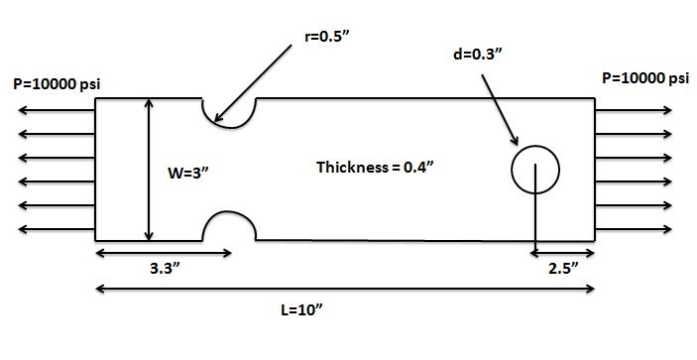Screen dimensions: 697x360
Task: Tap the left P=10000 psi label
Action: [x=57, y=85]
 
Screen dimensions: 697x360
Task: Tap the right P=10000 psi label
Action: [x=645, y=78]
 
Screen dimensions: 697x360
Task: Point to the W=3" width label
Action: [x=188, y=173]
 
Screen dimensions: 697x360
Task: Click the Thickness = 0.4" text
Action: [x=375, y=168]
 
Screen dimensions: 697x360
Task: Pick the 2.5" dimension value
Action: [x=564, y=269]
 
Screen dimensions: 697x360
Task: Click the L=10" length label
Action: [x=301, y=309]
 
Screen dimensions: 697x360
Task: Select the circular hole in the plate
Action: [x=535, y=146]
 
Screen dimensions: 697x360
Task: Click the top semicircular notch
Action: [x=229, y=128]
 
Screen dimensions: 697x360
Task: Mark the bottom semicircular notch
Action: [x=229, y=211]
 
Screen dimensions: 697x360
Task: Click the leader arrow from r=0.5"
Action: [x=253, y=83]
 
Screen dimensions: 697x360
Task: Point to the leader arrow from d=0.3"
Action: [x=500, y=110]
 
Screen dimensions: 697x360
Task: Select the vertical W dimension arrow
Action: [x=149, y=170]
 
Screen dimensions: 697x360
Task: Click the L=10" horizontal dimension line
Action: [x=345, y=289]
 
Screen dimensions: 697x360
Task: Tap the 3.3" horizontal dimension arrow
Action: [x=164, y=253]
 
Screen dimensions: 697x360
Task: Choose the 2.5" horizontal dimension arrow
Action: [x=562, y=253]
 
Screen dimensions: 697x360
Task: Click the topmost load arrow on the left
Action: [x=57, y=110]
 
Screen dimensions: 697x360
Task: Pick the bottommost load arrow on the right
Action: [x=634, y=229]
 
